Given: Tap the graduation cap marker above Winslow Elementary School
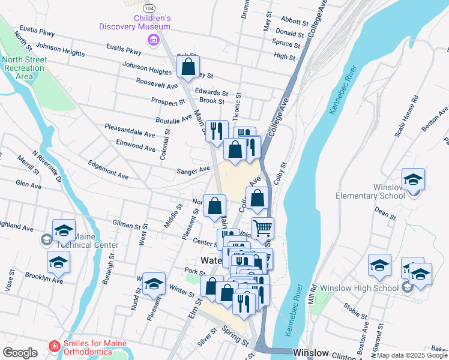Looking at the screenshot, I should click(x=413, y=179).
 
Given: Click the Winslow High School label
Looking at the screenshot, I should click(x=359, y=288).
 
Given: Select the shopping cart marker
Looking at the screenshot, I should click(x=262, y=229).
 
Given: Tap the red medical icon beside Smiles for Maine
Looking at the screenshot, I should click(x=54, y=347).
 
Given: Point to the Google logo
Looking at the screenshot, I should click(x=20, y=353).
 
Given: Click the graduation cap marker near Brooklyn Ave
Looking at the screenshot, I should click(x=58, y=262).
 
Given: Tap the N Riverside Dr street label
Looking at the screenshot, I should click(x=47, y=166).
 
